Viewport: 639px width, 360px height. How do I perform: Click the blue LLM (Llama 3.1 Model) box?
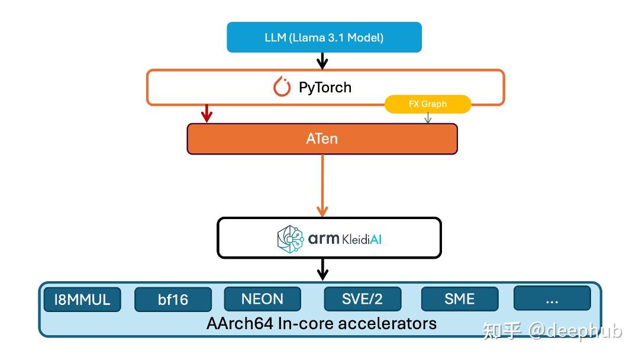[x=324, y=37]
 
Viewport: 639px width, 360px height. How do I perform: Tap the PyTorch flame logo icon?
[x=282, y=87]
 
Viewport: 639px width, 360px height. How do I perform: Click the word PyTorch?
[x=325, y=88]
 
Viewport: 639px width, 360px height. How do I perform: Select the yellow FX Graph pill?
[x=428, y=104]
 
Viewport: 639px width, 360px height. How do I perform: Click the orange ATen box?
[x=322, y=139]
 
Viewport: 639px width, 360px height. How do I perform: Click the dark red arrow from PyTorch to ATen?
[x=206, y=114]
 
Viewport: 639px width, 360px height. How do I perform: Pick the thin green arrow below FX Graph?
[x=428, y=118]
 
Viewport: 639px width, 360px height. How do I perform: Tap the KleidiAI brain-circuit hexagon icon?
[x=291, y=238]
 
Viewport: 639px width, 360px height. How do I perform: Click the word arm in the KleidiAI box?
[x=323, y=239]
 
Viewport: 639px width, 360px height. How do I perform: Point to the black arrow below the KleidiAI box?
[x=322, y=269]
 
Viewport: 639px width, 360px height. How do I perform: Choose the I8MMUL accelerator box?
[x=82, y=300]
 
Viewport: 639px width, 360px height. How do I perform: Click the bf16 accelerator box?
[x=173, y=300]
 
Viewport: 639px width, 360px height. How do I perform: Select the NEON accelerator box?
[x=262, y=298]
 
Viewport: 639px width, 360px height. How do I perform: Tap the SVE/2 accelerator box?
[x=362, y=298]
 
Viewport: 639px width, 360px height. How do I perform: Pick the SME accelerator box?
[x=460, y=298]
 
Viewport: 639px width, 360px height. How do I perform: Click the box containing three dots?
[x=551, y=298]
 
